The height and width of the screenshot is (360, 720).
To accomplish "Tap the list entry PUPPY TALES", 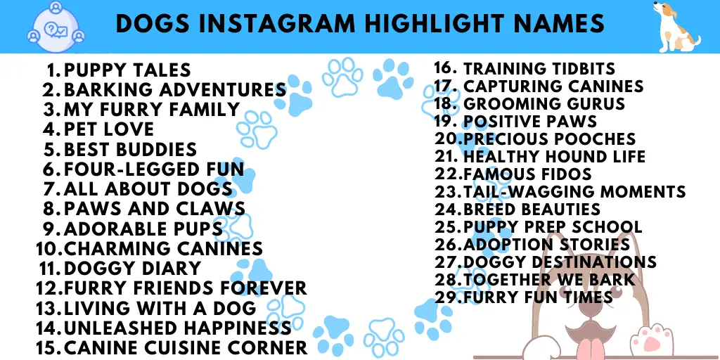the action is [x=127, y=70].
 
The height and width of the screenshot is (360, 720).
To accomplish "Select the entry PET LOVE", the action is [x=109, y=129].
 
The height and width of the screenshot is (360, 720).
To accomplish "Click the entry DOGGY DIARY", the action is [x=133, y=268].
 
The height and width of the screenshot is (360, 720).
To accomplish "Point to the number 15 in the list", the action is [x=49, y=347].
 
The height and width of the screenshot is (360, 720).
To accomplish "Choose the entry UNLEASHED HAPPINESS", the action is [x=178, y=328].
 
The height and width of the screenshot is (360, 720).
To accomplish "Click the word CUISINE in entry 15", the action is [x=195, y=347].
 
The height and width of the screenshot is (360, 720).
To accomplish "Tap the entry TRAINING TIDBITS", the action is [x=539, y=68].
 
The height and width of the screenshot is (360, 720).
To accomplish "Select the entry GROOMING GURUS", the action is [x=544, y=104].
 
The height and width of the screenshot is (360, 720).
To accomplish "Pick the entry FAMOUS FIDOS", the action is [x=527, y=174].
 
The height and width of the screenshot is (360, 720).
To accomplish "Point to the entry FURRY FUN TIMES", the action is [x=538, y=297].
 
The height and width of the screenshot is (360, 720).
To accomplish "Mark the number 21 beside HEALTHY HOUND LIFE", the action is [x=445, y=157].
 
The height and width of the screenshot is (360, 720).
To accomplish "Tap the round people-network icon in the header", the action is [x=56, y=27].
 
